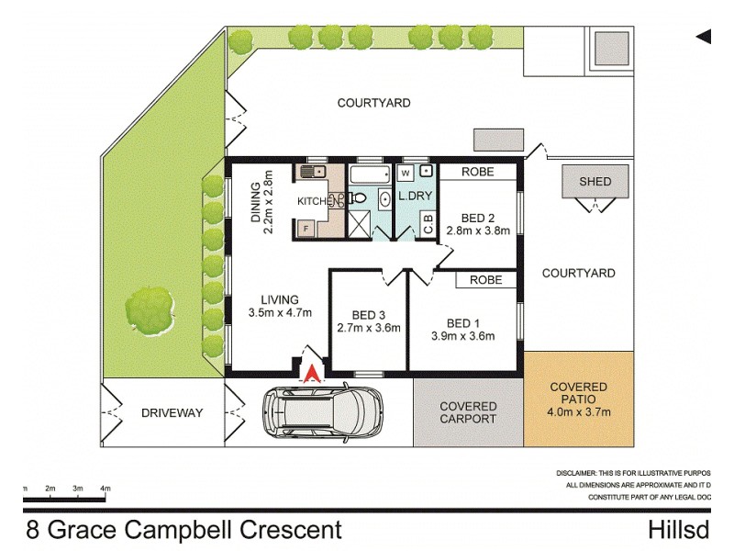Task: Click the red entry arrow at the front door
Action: (x=313, y=372)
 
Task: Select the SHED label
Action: (x=595, y=181)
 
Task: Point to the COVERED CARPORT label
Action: (x=468, y=412)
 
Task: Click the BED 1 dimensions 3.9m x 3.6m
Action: (x=463, y=336)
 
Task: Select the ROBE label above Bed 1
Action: (x=485, y=280)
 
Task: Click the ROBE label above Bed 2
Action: (x=477, y=172)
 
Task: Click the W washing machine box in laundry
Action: (x=405, y=172)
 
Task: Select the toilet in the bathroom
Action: (x=359, y=197)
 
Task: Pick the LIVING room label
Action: (x=279, y=299)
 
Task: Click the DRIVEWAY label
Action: (x=172, y=413)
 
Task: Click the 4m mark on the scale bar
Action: (x=106, y=488)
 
